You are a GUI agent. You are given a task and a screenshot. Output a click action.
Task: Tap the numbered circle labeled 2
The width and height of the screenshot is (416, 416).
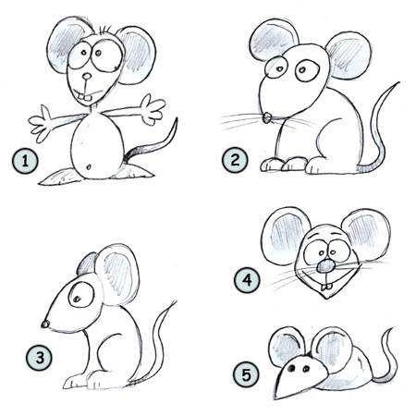[x=236, y=161]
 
